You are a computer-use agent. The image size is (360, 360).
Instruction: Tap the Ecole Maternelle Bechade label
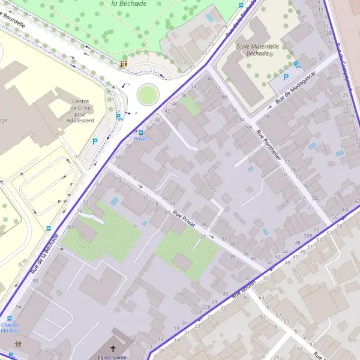257,49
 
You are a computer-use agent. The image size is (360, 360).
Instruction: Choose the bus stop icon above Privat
140,132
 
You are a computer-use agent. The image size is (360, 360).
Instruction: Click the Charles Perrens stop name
10,328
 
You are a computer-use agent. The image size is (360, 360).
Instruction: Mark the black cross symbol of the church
112,349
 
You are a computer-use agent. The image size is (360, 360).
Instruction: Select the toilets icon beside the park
124,64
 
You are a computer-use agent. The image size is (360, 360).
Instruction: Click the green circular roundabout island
148,94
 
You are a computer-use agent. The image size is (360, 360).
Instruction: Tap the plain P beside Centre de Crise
95,142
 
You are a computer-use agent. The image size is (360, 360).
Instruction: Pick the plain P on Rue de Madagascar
286,78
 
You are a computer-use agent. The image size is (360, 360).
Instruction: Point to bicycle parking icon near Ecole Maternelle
296,65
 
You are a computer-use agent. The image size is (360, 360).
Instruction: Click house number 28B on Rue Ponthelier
248,128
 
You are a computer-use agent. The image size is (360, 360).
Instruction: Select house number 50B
308,236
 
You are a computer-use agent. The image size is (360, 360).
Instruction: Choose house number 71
77,157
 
